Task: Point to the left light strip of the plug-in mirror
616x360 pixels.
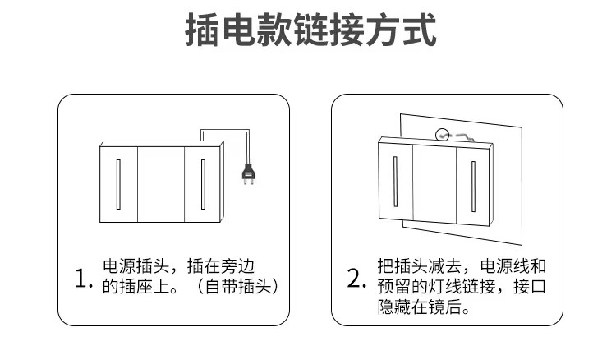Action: click(x=119, y=182)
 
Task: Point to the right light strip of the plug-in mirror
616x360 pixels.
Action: click(x=202, y=182)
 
